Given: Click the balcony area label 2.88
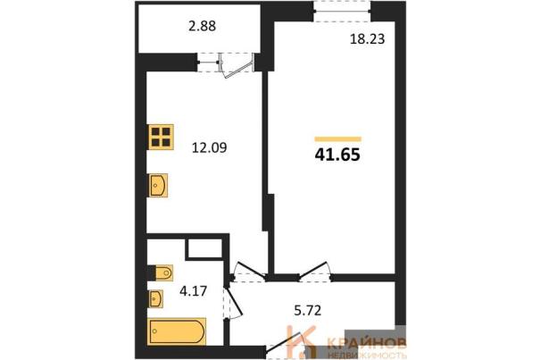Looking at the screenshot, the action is tap(202, 26).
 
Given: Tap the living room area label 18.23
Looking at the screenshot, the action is tap(367, 39).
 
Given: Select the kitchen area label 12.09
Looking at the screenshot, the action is tap(210, 148).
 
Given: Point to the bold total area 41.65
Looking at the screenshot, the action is tap(337, 155).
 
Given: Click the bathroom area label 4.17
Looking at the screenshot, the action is tap(193, 291).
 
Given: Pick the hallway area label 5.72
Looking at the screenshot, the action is tap(308, 310).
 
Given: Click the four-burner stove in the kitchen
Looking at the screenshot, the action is tap(161, 137).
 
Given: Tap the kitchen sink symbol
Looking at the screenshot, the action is tap(158, 185).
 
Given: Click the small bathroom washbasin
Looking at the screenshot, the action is tap(155, 298).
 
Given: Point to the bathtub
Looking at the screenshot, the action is tap(177, 331).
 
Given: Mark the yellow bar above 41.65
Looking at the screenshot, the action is tap(338, 139).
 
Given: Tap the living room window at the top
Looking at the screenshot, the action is tap(343, 12).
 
